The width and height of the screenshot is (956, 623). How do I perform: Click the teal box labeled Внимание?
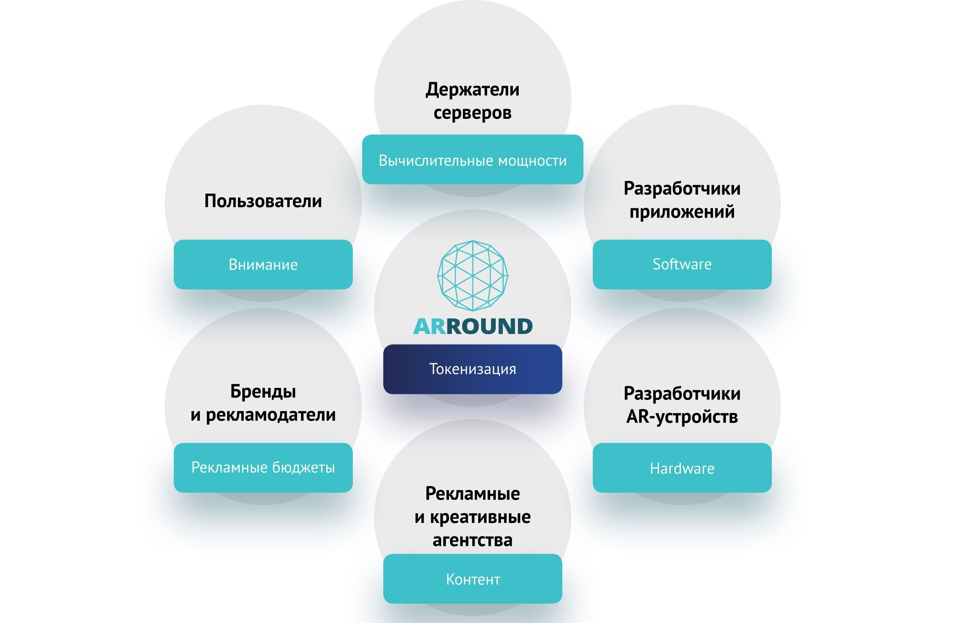coord(263,264)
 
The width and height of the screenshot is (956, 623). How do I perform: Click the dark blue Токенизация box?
coord(472,369)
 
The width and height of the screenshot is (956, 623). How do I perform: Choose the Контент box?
coord(472,579)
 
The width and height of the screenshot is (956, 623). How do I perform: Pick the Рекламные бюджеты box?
coord(263,467)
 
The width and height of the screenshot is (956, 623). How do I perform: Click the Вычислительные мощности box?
coord(472,160)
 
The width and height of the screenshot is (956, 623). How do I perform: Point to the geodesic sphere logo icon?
coord(472,276)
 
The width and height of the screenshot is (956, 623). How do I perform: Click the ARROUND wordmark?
coord(472,326)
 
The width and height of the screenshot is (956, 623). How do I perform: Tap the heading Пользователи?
coord(263,201)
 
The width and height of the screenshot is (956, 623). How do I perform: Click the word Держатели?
coord(472,89)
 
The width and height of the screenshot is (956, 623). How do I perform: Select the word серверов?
coord(472,113)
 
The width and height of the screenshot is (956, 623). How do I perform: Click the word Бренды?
coord(263,391)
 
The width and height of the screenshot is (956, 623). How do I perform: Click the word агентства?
coord(472,540)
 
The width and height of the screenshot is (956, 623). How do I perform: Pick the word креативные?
coord(480,517)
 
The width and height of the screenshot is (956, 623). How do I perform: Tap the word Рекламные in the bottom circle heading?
coord(472,493)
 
